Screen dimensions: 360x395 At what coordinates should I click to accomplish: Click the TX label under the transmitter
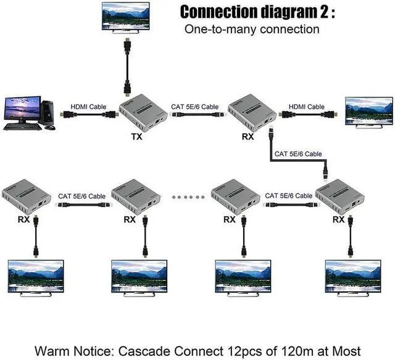pyautogui.click(x=136, y=136)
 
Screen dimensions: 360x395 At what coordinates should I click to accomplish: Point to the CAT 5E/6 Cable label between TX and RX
pyautogui.click(x=195, y=107)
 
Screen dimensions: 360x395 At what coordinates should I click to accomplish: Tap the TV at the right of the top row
pyautogui.click(x=368, y=111)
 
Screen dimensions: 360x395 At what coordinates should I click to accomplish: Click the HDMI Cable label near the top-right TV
pyautogui.click(x=307, y=107)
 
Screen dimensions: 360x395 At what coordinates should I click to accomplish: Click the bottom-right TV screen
pyautogui.click(x=349, y=275)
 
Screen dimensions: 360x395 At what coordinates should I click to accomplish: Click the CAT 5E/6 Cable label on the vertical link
pyautogui.click(x=298, y=154)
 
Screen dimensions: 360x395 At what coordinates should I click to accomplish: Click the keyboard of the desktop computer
pyautogui.click(x=22, y=127)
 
